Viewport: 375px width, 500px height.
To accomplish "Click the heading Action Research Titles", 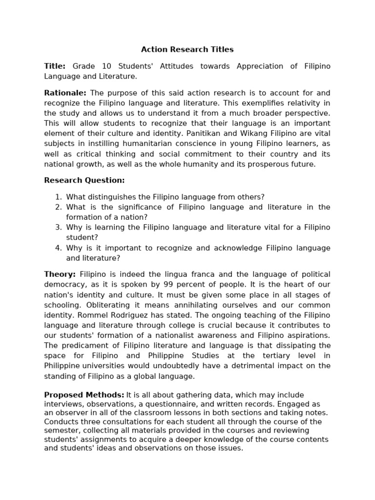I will pos(187,49).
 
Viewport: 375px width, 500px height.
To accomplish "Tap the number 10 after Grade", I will pos(107,66).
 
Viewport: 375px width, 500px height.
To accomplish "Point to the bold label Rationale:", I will pos(65,93).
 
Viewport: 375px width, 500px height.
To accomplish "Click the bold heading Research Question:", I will pos(84,180).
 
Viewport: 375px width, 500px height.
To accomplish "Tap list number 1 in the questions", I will pos(58,197).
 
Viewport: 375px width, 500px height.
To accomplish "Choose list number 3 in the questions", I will pos(58,228).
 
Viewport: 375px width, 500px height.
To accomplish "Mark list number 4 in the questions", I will pos(58,248).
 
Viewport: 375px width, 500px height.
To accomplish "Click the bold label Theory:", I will pos(60,274).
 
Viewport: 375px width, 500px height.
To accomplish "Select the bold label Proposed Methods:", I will pos(84,395).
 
